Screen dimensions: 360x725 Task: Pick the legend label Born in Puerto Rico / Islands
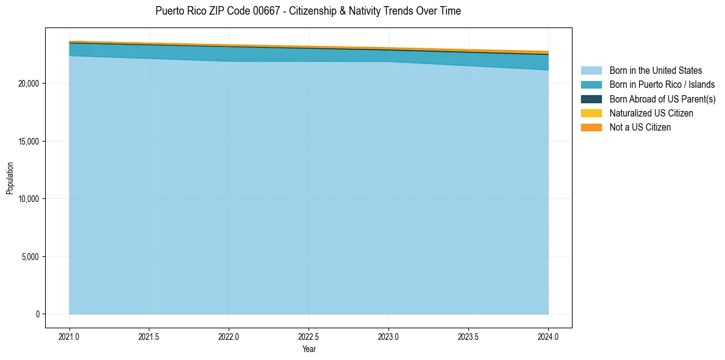(x=662, y=85)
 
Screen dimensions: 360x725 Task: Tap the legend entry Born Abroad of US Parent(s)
(x=662, y=99)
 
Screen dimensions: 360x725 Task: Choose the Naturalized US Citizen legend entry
(x=651, y=113)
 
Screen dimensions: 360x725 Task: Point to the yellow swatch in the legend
(x=591, y=113)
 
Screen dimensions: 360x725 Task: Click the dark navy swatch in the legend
(x=591, y=99)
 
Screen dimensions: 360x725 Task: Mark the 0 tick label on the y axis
(x=38, y=314)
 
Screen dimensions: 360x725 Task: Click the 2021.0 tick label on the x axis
(x=70, y=336)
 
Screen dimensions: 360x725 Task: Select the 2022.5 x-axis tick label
(x=309, y=336)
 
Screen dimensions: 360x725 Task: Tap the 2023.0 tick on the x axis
(x=388, y=336)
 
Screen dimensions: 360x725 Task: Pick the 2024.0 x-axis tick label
(x=548, y=336)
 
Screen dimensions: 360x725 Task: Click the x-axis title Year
(x=309, y=349)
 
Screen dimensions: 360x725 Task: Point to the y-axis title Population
(x=10, y=178)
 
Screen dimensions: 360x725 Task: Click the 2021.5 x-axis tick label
(x=149, y=336)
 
